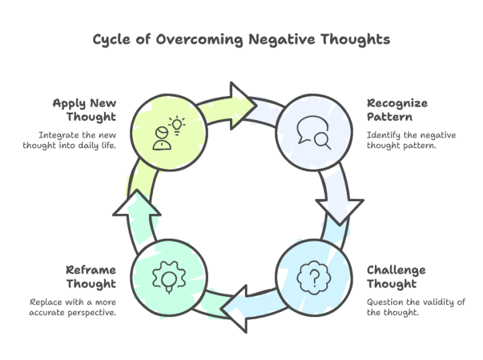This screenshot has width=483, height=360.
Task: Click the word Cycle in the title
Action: [110, 40]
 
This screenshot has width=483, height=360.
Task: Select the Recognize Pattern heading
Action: [397, 110]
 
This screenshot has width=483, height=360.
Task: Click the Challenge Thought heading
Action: [396, 277]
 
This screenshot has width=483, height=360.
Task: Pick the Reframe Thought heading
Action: [91, 277]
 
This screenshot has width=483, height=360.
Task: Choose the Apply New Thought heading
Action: [85, 110]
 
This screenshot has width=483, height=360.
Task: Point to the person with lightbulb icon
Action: [167, 133]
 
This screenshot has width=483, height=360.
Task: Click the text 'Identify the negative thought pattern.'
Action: [411, 140]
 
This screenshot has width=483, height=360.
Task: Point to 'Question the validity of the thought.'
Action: [415, 307]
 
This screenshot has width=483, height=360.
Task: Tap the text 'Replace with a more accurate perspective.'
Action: [72, 307]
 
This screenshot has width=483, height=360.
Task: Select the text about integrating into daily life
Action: [70, 140]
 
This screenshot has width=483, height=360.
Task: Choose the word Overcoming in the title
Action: [199, 40]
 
